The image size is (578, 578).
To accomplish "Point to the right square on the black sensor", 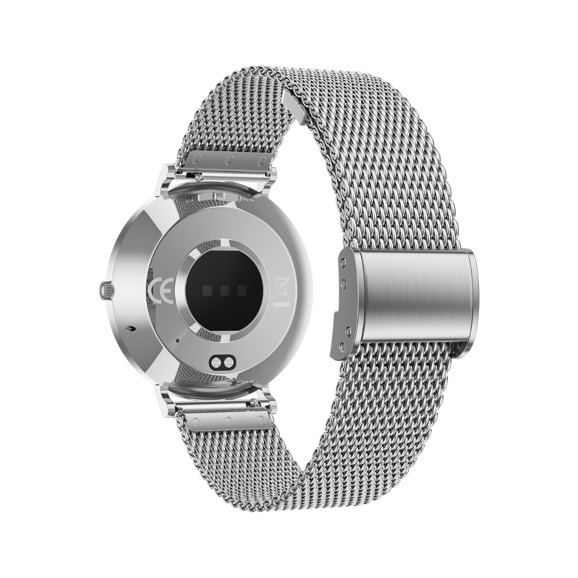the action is tap(242, 291).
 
